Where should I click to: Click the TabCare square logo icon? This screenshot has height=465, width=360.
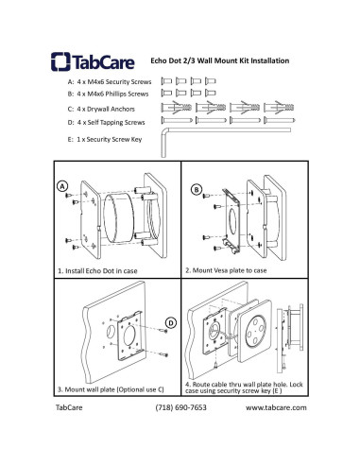[60, 61]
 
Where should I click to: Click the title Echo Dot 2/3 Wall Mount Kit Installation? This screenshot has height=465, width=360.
[220, 60]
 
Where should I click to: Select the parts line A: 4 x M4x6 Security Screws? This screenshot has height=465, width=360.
[110, 82]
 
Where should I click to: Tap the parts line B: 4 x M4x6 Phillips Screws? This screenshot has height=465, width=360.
[108, 94]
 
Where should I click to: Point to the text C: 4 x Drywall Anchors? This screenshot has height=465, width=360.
[101, 109]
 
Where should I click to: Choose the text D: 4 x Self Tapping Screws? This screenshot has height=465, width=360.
[106, 122]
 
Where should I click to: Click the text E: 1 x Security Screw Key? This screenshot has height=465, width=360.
[105, 139]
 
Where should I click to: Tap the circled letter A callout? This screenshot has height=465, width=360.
[62, 186]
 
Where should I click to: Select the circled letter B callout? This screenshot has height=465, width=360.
[197, 190]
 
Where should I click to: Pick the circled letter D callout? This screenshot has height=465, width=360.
[171, 323]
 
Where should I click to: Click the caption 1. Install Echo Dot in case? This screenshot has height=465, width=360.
[97, 271]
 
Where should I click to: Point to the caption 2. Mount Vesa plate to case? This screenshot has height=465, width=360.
[226, 270]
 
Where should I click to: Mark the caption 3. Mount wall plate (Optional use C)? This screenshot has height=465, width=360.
[111, 389]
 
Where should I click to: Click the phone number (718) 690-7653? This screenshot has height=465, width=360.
[181, 407]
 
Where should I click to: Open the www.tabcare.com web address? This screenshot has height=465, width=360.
[276, 407]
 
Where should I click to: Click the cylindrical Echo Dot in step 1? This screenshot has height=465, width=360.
[119, 218]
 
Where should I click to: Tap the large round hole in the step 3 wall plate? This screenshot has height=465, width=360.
[129, 336]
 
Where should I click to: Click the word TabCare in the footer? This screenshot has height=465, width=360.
[69, 407]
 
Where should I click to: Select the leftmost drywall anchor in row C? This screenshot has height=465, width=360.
[177, 108]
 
